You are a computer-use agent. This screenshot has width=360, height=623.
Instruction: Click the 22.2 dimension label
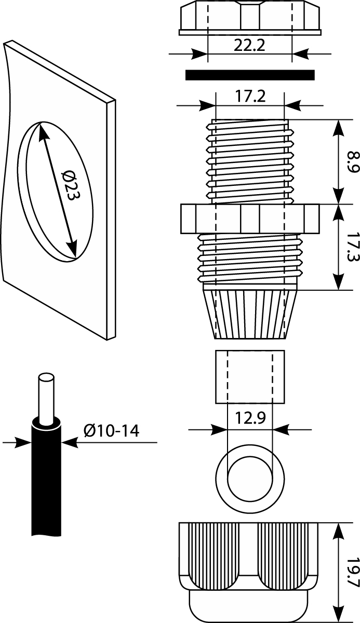coord(249,45)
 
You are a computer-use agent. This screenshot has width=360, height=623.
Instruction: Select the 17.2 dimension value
coord(249,96)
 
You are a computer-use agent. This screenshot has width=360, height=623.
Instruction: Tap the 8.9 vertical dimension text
coord(353,162)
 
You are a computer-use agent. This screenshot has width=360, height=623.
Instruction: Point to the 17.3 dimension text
coord(353,247)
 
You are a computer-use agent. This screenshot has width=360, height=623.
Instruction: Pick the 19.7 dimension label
coord(353,573)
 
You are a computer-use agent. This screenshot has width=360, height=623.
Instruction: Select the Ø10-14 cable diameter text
coord(111,430)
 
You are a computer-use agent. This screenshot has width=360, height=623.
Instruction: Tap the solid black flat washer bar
coord(250,75)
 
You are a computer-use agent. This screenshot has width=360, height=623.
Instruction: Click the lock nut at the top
coord(249,18)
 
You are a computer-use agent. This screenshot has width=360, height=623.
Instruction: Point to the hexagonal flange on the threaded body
coord(249,219)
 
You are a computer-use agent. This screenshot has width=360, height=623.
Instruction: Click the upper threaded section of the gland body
coord(249,161)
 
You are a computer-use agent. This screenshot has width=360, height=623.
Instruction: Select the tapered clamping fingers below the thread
coord(249,314)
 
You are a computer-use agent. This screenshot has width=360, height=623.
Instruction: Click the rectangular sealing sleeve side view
coord(250,377)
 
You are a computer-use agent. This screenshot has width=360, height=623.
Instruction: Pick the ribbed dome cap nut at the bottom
coord(249,566)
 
